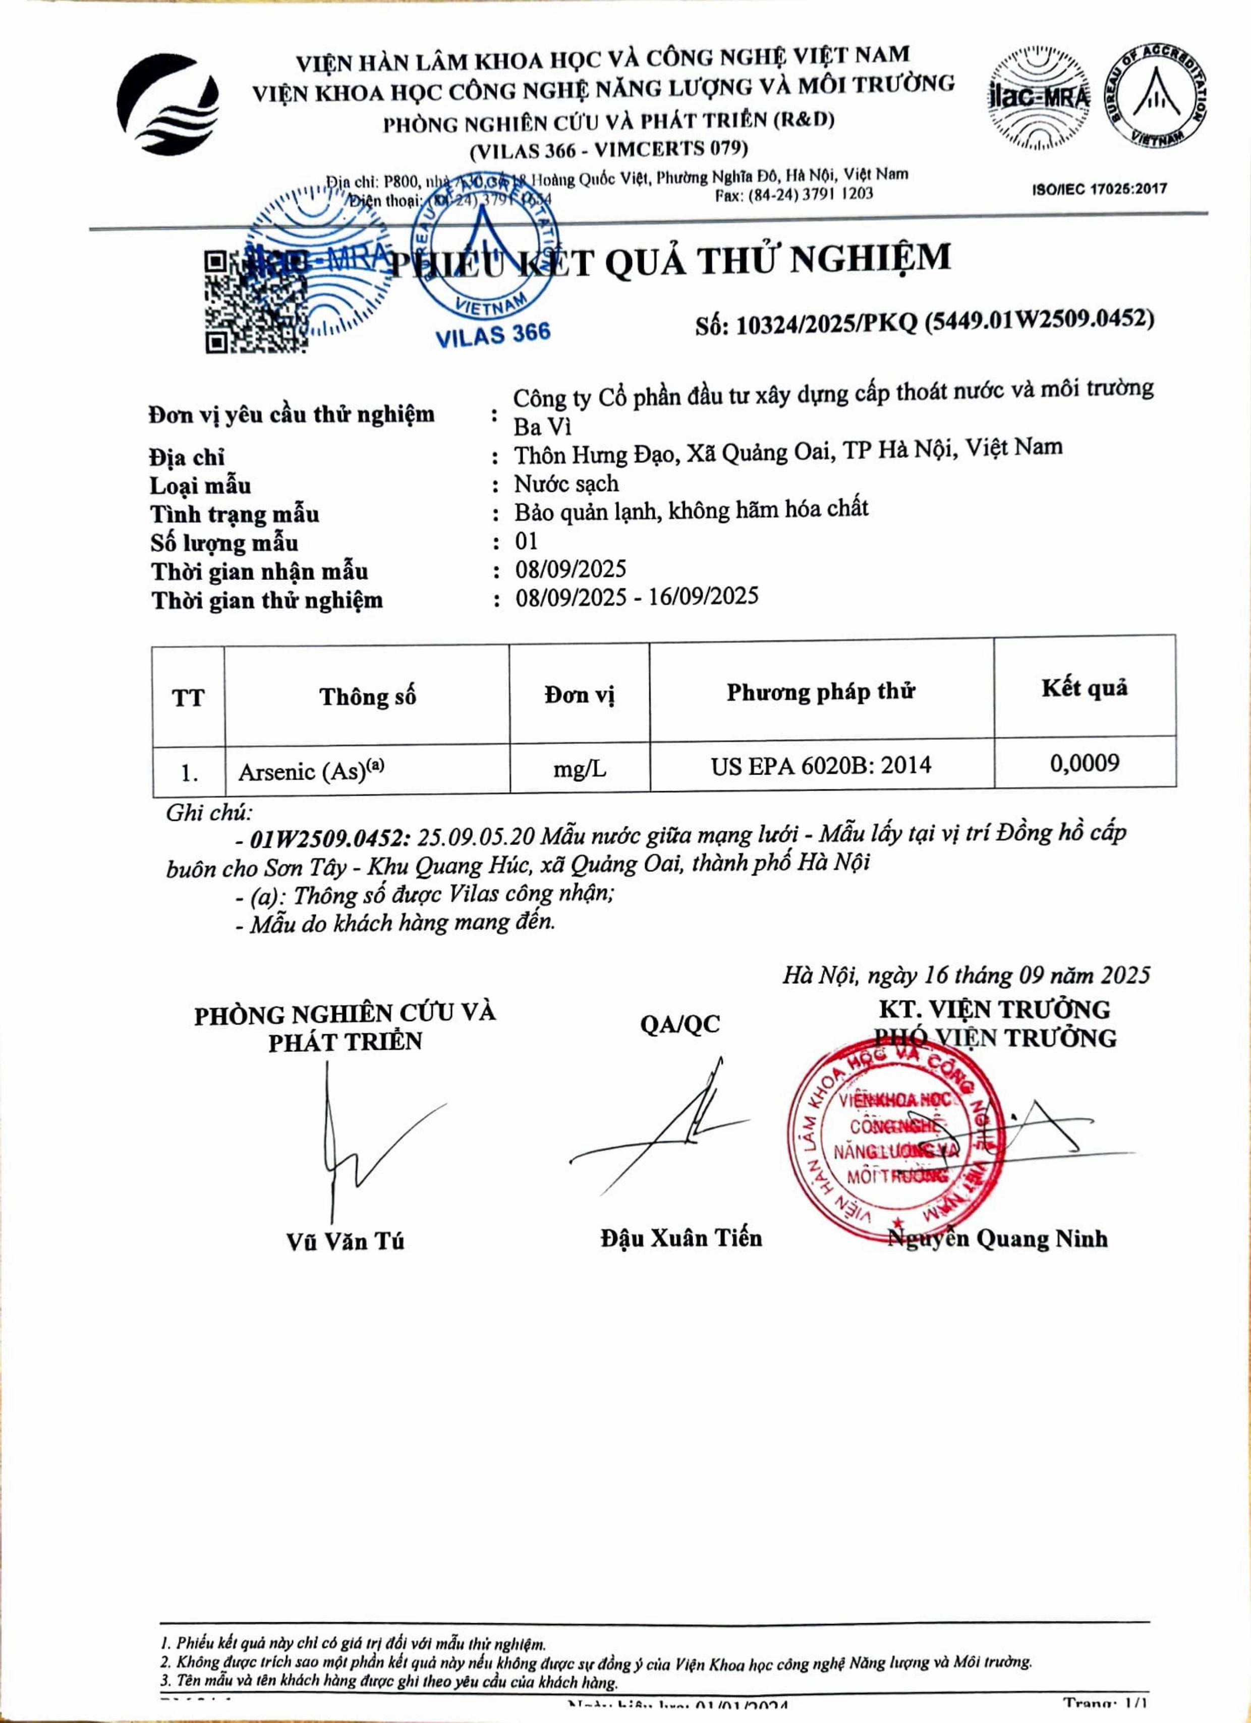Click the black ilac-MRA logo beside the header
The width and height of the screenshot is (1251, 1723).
click(1038, 97)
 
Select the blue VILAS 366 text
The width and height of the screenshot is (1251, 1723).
click(492, 334)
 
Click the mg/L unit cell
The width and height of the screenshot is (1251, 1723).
click(579, 769)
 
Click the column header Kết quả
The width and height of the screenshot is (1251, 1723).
click(1085, 688)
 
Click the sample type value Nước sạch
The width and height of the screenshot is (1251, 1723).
click(566, 484)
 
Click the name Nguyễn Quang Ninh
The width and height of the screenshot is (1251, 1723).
click(998, 1239)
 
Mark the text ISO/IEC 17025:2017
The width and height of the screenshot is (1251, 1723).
click(1099, 189)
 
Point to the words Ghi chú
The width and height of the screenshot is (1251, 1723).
click(208, 813)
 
